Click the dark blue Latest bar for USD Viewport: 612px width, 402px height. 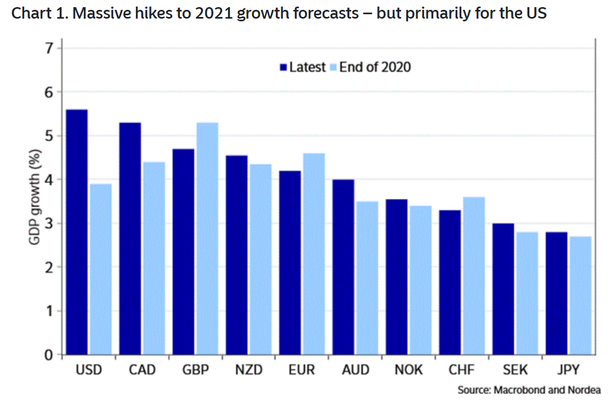(x=77, y=232)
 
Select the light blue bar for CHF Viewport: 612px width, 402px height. (x=473, y=276)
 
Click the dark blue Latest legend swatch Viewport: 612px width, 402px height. (x=284, y=67)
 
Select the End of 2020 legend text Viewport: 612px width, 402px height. (x=375, y=67)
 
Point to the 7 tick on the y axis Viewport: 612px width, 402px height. (x=50, y=49)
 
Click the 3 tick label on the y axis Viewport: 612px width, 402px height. (x=50, y=224)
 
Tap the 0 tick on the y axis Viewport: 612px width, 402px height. (x=50, y=355)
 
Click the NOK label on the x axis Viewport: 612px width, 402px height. (x=409, y=370)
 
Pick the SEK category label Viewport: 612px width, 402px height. (x=515, y=370)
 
